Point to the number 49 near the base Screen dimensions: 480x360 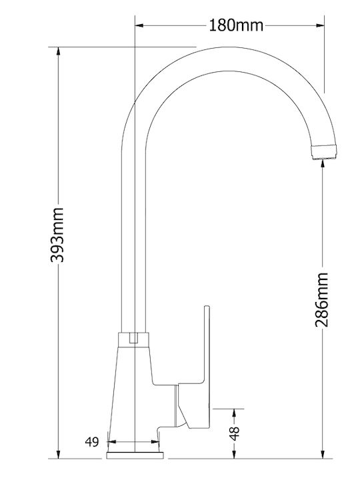coord(92,441)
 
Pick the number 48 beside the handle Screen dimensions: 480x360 coord(235,431)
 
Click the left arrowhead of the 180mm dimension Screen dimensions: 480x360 coord(139,25)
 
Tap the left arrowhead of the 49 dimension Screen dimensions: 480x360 coord(111,441)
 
